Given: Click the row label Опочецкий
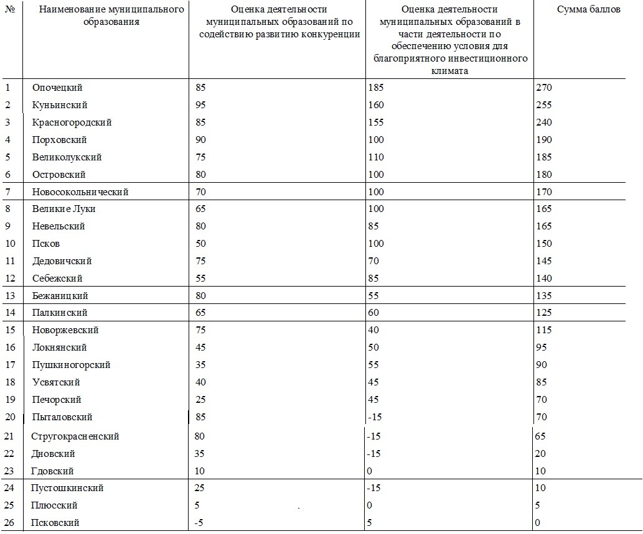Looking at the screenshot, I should click(x=57, y=88).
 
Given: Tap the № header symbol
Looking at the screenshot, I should click(x=9, y=10).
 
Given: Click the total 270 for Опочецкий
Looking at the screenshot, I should click(x=543, y=88).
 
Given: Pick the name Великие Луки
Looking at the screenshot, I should click(x=63, y=209).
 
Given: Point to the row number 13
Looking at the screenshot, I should click(x=9, y=295).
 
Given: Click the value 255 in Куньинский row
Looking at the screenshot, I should click(x=543, y=105).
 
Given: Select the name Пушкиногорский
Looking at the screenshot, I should click(x=71, y=365).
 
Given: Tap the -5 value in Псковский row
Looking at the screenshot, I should click(x=199, y=523).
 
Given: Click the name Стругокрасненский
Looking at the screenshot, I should click(x=75, y=436).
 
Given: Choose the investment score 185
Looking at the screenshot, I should click(x=375, y=88).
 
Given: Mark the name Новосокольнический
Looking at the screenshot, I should click(x=80, y=192).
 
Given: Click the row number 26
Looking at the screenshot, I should click(x=9, y=523).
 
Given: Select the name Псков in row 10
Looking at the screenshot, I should click(x=46, y=244).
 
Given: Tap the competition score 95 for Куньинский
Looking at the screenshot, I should click(x=200, y=105).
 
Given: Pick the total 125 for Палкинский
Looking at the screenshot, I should click(x=543, y=313).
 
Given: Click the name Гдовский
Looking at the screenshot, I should click(x=53, y=471).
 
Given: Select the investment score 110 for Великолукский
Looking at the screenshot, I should click(x=375, y=157).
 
